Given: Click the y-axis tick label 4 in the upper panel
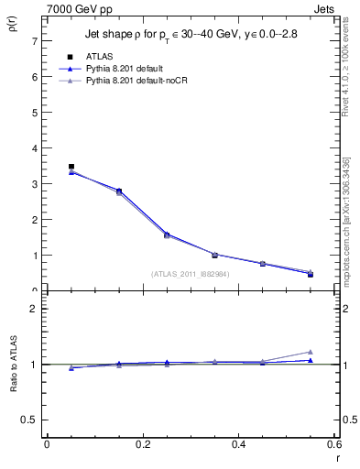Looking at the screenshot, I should [34, 148].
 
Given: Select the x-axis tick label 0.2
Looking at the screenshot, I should [142, 444].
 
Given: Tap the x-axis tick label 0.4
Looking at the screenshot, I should [238, 444].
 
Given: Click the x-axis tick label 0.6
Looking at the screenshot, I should [333, 444].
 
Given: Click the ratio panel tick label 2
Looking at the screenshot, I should [34, 309].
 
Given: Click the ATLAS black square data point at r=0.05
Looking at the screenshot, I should [71, 167].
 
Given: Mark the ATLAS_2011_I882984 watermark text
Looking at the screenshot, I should [190, 274].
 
